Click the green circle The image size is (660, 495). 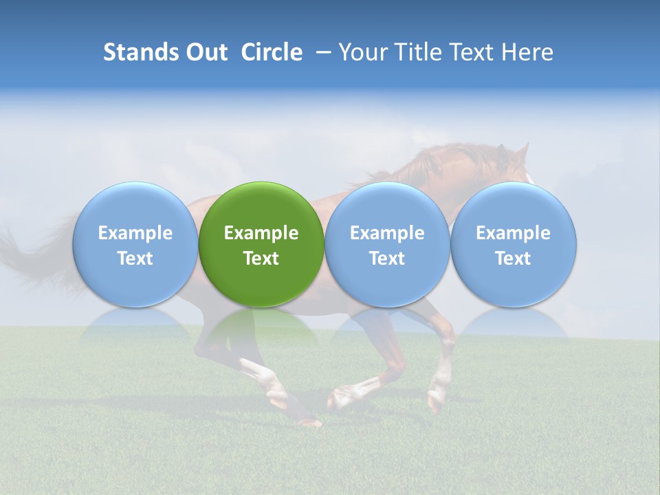pos(261,244)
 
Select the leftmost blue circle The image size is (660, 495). pos(135,244)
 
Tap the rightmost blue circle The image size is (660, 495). pos(513,244)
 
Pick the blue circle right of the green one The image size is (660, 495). pos(387,244)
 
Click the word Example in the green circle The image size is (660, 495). pos(261,233)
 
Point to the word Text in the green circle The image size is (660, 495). pos(261,258)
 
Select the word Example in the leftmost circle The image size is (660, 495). pos(135,233)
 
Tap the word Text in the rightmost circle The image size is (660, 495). pos(513,258)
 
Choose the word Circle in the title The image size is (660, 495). pos(272,52)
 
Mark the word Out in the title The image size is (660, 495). pos(205,52)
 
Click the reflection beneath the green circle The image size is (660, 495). pos(261,327)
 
